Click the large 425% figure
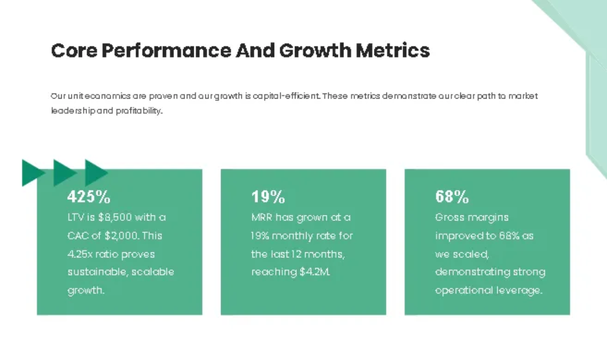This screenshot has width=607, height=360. (89, 196)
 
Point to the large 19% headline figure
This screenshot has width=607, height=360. (268, 196)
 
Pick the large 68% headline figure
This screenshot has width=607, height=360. (452, 196)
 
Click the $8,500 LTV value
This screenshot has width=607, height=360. (115, 217)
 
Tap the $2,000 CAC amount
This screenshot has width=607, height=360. (122, 236)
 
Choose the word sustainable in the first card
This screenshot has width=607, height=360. (97, 272)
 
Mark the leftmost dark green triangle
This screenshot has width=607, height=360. (32, 172)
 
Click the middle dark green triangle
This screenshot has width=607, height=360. (64, 172)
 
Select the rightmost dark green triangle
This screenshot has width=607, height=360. (95, 172)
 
